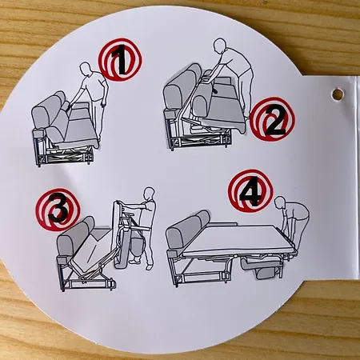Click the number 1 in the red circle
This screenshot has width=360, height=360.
pyautogui.click(x=118, y=59)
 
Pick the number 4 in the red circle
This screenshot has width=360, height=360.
pyautogui.click(x=250, y=191)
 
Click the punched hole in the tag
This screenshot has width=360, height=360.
pyautogui.click(x=338, y=94)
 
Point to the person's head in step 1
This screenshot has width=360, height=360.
pyautogui.click(x=85, y=70)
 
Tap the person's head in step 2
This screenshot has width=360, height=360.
pyautogui.click(x=220, y=45)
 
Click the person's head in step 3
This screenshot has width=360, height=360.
pyautogui.click(x=149, y=194)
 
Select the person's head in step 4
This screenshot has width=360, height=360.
pyautogui.click(x=280, y=203)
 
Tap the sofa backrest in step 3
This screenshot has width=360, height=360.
pyautogui.click(x=75, y=235)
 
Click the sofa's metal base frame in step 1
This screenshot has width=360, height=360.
pyautogui.click(x=63, y=155)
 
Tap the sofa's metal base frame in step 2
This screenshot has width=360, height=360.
pyautogui.click(x=198, y=138)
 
